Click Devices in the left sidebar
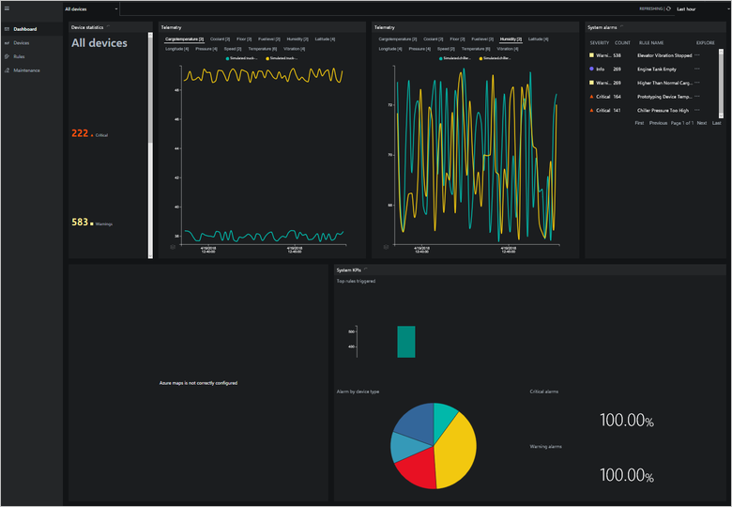[22, 43]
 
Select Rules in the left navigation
[20, 56]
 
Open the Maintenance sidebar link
[26, 70]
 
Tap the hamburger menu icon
[7, 8]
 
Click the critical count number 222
[80, 134]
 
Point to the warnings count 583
[80, 223]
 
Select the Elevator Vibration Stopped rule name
[663, 55]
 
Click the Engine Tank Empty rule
[656, 69]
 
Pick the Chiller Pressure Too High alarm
[663, 110]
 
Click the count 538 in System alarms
[617, 55]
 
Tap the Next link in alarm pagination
[701, 123]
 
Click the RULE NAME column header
[650, 42]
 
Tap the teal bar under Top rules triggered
[405, 342]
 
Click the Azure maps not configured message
[198, 383]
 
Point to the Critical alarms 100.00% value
[627, 421]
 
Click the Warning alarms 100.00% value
[627, 476]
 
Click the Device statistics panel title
[87, 27]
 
